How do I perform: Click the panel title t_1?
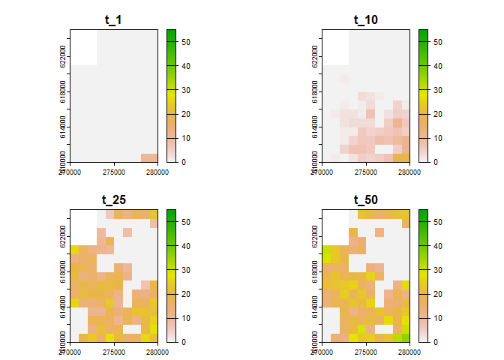(113, 20)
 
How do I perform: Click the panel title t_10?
(365, 20)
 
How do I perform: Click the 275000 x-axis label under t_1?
(113, 172)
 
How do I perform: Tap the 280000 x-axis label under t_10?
(409, 172)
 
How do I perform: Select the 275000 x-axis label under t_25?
(113, 352)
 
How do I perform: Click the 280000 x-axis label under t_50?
(409, 352)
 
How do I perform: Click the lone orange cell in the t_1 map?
(149, 157)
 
